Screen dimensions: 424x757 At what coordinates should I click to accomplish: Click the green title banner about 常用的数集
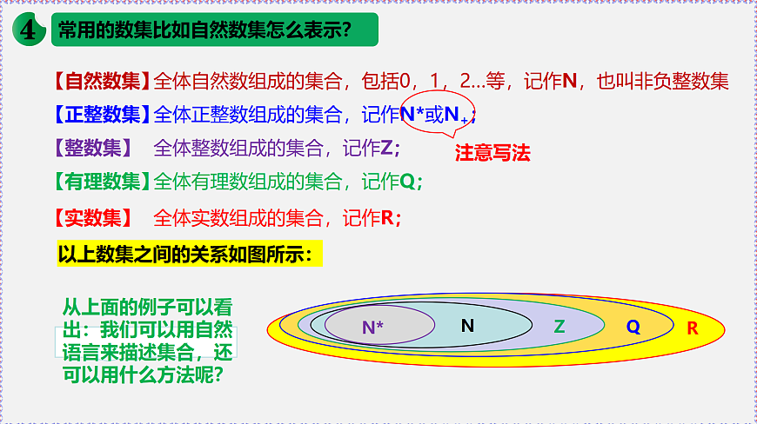[x=204, y=31]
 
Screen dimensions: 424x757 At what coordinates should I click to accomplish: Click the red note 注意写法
[x=492, y=154]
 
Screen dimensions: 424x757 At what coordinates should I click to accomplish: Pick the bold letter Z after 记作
[x=387, y=148]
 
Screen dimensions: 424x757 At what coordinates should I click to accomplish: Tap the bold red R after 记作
[x=387, y=217]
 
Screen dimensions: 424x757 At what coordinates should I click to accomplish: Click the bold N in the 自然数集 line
[x=570, y=82]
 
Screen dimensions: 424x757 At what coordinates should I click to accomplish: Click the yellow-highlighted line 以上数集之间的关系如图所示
[x=190, y=255]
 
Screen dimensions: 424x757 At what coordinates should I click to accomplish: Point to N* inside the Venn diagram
[x=372, y=328]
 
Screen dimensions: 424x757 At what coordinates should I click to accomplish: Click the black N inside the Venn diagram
[x=467, y=325]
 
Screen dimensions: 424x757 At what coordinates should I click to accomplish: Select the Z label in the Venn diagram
[x=559, y=327]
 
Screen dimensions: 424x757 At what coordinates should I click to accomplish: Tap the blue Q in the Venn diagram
[x=633, y=327]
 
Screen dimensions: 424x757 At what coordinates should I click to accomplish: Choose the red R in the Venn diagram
[x=693, y=328]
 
